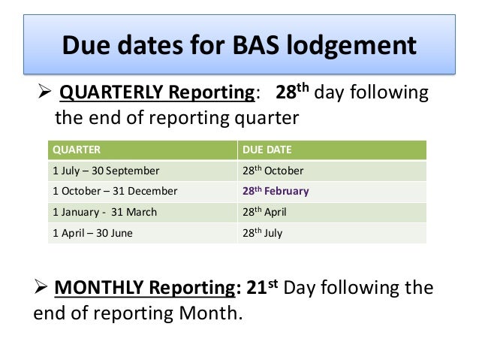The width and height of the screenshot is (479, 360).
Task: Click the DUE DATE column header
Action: (x=267, y=150)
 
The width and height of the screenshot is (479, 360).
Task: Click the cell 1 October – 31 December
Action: (x=115, y=191)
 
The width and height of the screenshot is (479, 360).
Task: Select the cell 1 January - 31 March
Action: (x=104, y=212)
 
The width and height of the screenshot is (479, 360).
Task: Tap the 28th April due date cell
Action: (x=264, y=212)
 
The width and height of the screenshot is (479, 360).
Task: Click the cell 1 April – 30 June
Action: (x=92, y=233)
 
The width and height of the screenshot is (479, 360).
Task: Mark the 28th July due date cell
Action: (x=262, y=233)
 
